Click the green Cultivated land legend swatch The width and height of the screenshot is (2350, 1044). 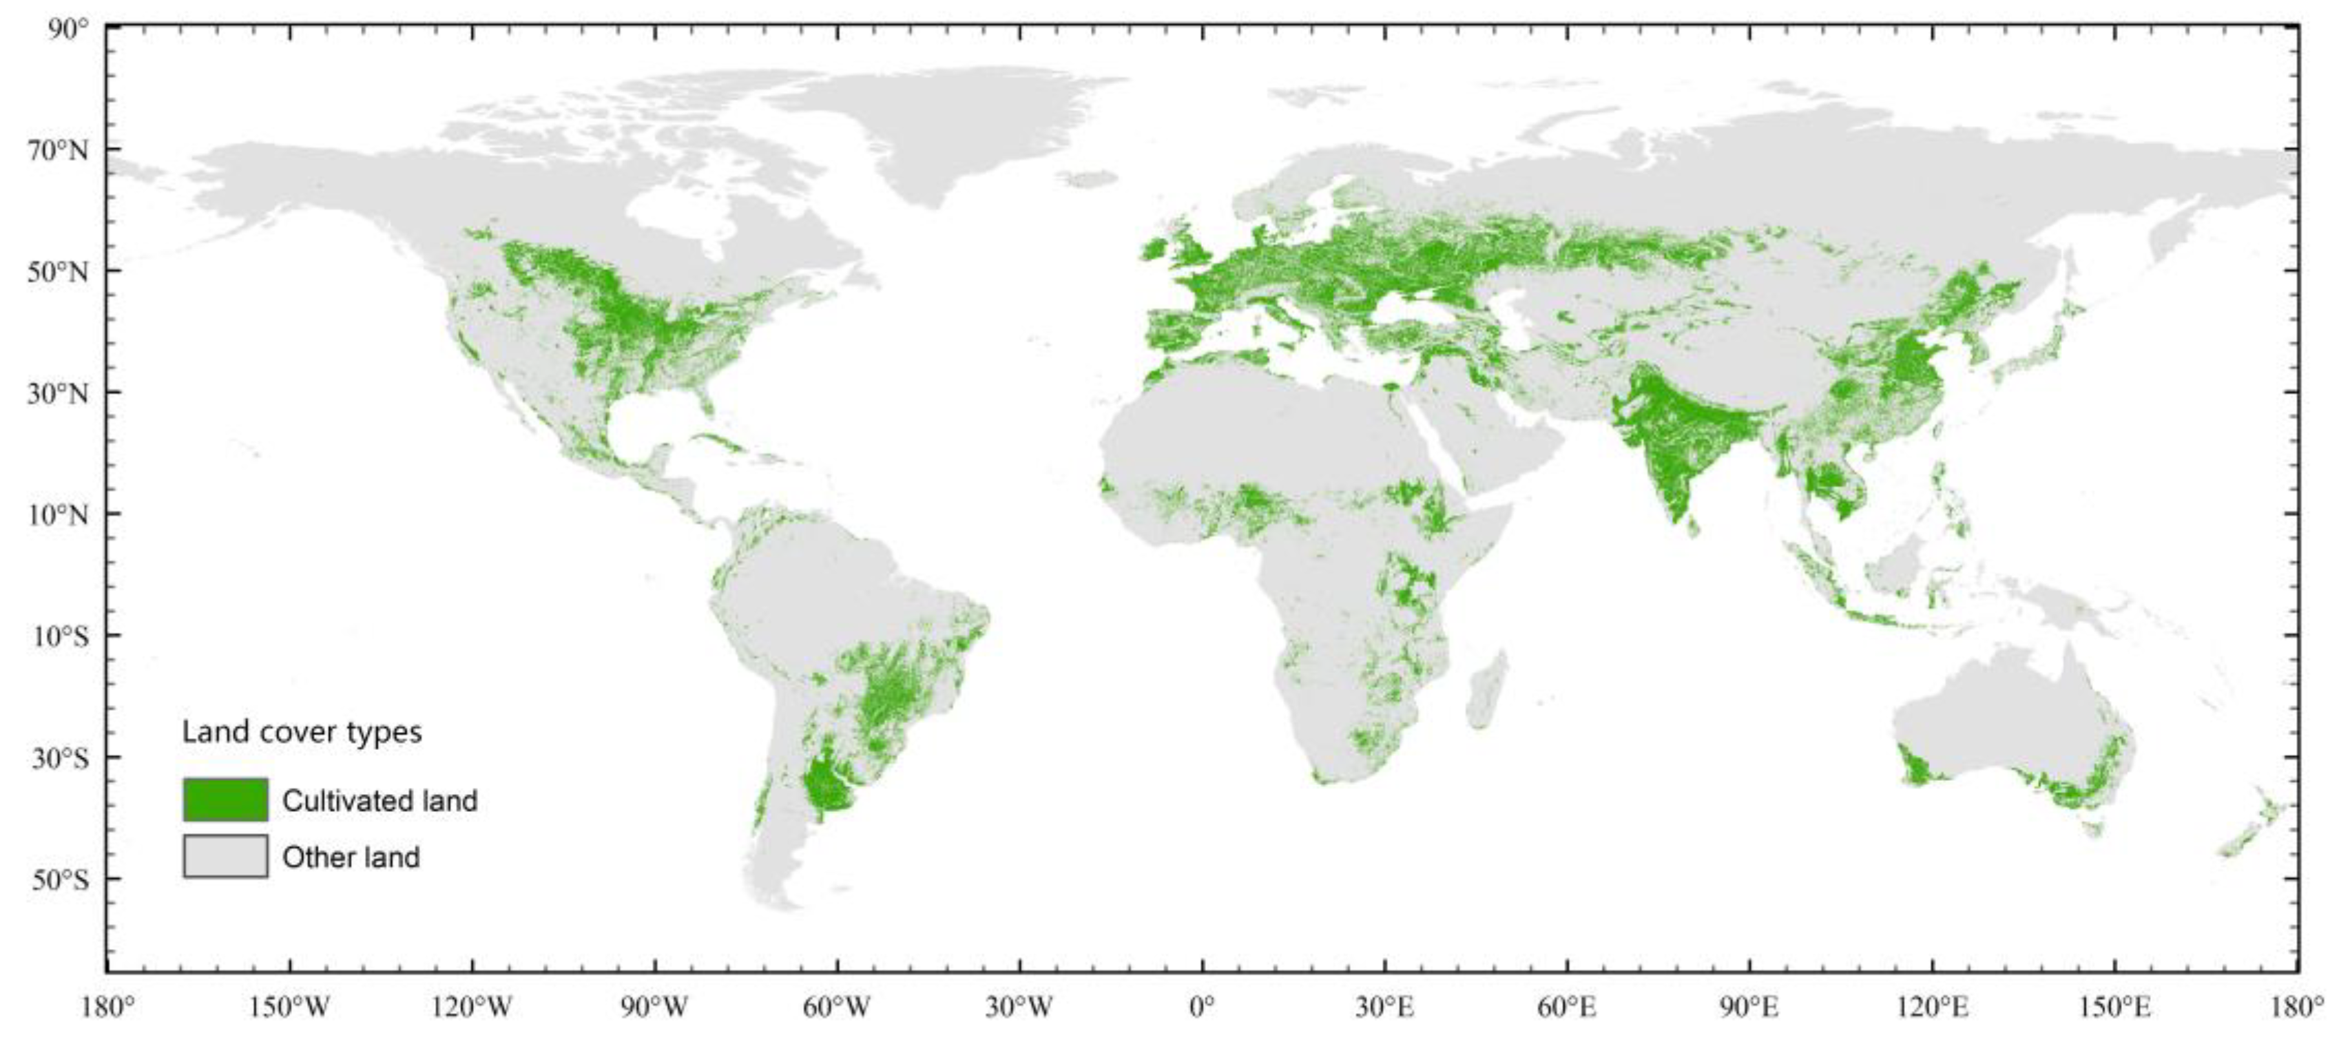pyautogui.click(x=225, y=800)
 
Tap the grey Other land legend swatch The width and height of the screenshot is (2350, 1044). pyautogui.click(x=225, y=856)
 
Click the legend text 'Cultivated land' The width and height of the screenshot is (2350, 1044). pyautogui.click(x=379, y=800)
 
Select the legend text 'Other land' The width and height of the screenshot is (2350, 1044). pyautogui.click(x=351, y=857)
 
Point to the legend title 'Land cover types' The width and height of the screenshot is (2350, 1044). pyautogui.click(x=302, y=732)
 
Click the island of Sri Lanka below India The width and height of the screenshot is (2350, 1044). pyautogui.click(x=1693, y=526)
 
